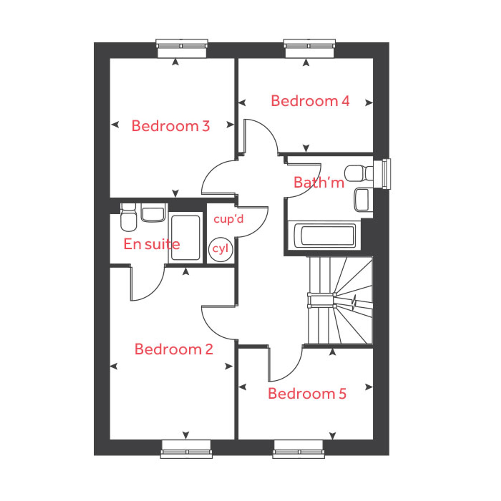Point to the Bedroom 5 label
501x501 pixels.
tap(307, 393)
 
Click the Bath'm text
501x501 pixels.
tap(319, 182)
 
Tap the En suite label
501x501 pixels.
tap(152, 244)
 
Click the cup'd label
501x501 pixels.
tap(228, 219)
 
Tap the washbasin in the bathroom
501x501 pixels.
tap(362, 200)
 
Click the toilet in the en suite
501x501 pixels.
tap(128, 217)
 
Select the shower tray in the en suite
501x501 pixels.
tap(185, 238)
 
